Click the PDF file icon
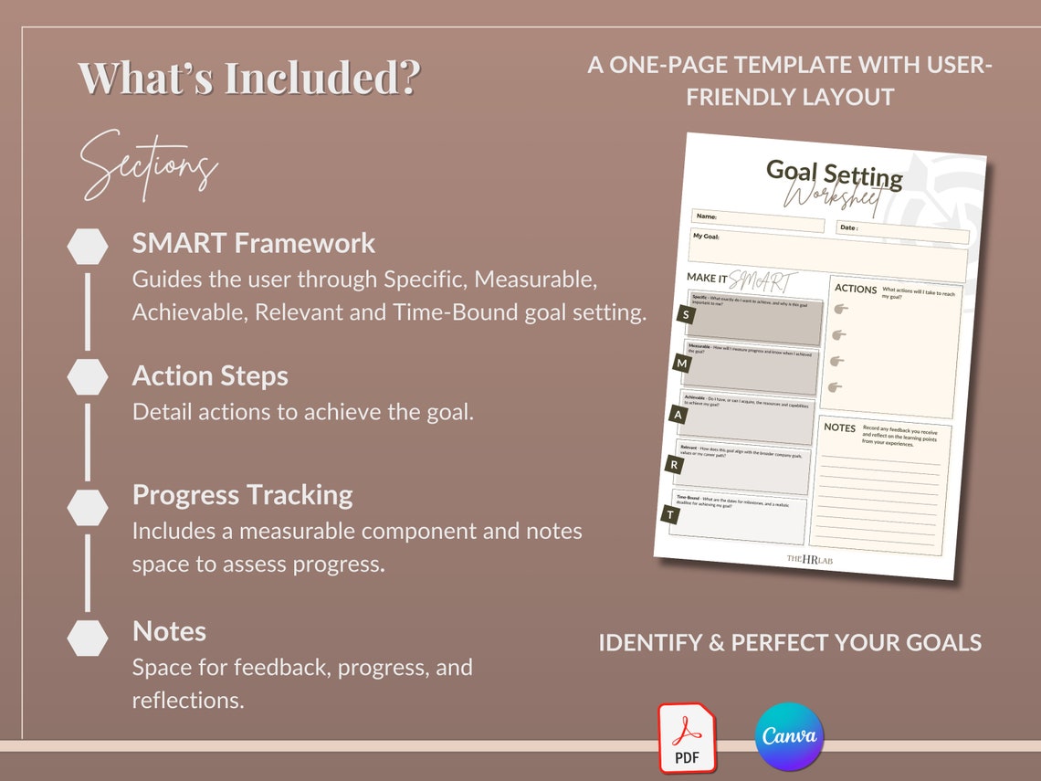coord(687,738)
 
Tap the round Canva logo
coord(789,736)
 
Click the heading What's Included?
coord(248,78)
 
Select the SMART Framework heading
coord(253,243)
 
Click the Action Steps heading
coord(210,375)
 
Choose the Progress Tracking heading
coord(242,494)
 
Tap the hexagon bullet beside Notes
coord(88,638)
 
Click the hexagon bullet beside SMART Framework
coord(88,247)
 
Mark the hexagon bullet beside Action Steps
coord(88,377)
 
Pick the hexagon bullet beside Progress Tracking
coord(88,507)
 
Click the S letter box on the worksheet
coord(685,315)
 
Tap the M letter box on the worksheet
coord(681,364)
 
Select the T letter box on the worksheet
coord(670,515)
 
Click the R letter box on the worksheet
coord(674,464)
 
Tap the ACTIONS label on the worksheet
coord(856,289)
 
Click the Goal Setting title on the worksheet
coord(834,173)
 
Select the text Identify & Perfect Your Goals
coord(790,642)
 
